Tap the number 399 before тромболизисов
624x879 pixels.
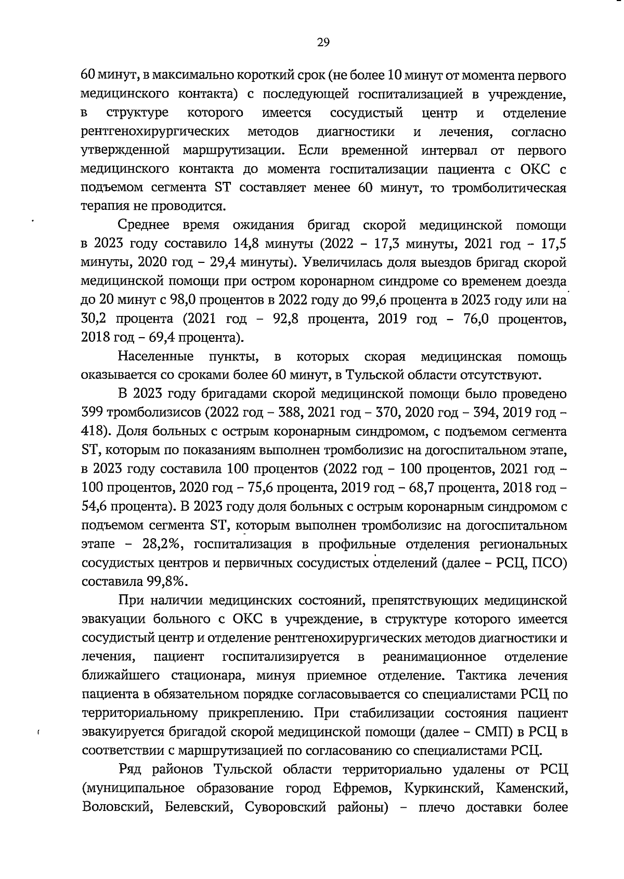(93, 413)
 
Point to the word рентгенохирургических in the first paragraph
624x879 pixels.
(156, 132)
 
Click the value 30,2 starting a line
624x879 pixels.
(94, 319)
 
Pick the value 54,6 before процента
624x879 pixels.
(94, 507)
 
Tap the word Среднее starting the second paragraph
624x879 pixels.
(144, 225)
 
